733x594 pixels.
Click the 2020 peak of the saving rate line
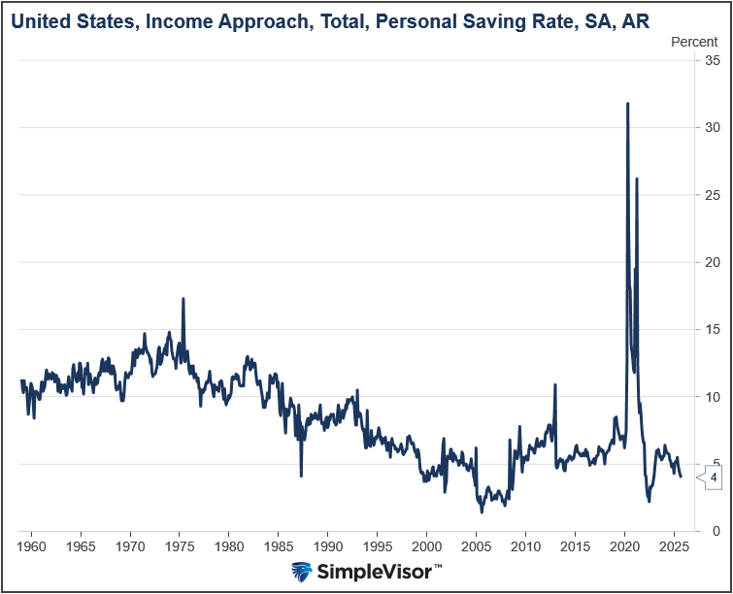point(627,104)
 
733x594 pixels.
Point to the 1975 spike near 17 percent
point(183,299)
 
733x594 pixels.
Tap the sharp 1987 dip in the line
point(301,475)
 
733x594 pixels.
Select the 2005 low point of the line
point(482,511)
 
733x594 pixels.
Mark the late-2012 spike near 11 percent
point(554,385)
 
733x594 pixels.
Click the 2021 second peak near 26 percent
point(637,180)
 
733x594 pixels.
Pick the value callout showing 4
point(714,478)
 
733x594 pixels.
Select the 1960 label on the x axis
point(31,546)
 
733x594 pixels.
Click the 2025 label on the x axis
point(674,546)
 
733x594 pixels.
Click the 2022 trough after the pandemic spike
point(649,500)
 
